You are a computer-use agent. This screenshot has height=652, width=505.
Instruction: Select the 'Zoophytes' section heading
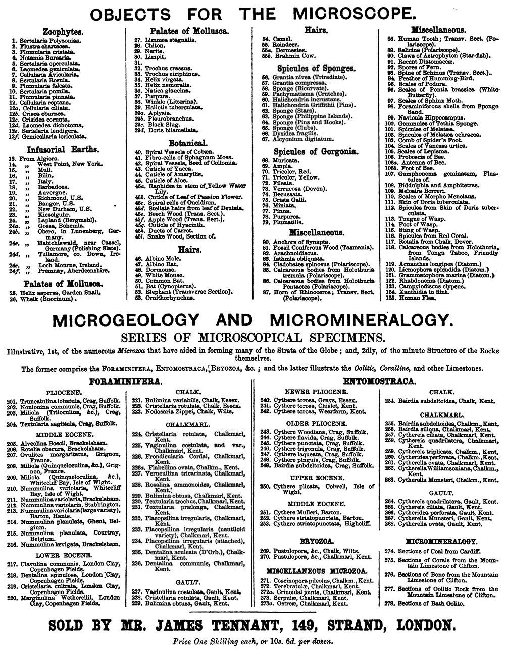click(x=63, y=32)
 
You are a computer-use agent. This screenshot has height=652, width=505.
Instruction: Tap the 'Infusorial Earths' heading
click(x=63, y=149)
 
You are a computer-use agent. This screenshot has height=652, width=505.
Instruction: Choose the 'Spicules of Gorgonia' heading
click(x=316, y=151)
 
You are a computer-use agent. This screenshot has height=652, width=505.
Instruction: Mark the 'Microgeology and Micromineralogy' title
click(x=252, y=320)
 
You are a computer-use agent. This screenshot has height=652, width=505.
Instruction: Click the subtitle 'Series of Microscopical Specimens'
click(x=252, y=336)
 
